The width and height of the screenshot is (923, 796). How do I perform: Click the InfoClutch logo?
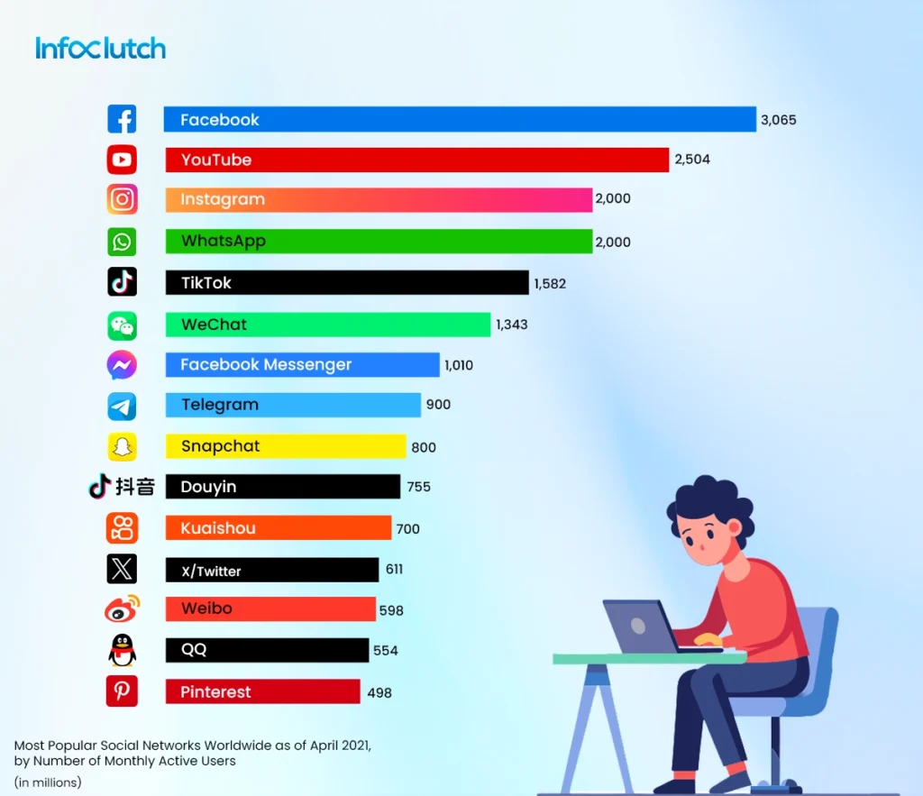[x=100, y=48]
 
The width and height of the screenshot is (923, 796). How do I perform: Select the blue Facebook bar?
[x=460, y=119]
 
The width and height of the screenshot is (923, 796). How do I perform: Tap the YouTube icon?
[x=122, y=160]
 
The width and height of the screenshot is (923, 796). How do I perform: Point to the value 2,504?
[x=692, y=160]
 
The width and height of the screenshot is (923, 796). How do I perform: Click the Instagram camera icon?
[x=122, y=199]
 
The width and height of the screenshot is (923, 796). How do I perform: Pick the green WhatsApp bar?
[x=379, y=241]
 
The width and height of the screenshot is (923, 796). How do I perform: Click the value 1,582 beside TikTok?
[x=550, y=283]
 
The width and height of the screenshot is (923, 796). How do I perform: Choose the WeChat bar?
[x=328, y=325]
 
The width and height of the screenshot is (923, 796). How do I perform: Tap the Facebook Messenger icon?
[x=122, y=365]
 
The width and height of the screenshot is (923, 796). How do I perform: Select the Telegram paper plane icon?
[x=122, y=406]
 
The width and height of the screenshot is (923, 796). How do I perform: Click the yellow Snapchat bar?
[x=286, y=446]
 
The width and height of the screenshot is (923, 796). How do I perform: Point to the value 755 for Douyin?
[x=419, y=487]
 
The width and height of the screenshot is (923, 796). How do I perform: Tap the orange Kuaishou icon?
[x=122, y=528]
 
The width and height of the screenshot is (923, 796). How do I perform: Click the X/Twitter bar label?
[x=211, y=571]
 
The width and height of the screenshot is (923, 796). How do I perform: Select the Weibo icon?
[x=122, y=609]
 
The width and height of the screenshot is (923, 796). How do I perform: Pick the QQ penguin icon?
[x=122, y=650]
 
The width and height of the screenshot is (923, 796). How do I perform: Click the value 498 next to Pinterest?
[x=379, y=692]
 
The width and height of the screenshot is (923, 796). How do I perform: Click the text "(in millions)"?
[x=48, y=782]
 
